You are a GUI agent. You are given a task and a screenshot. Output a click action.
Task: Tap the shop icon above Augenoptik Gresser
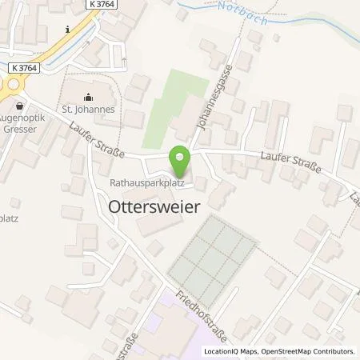coord(19,105)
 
